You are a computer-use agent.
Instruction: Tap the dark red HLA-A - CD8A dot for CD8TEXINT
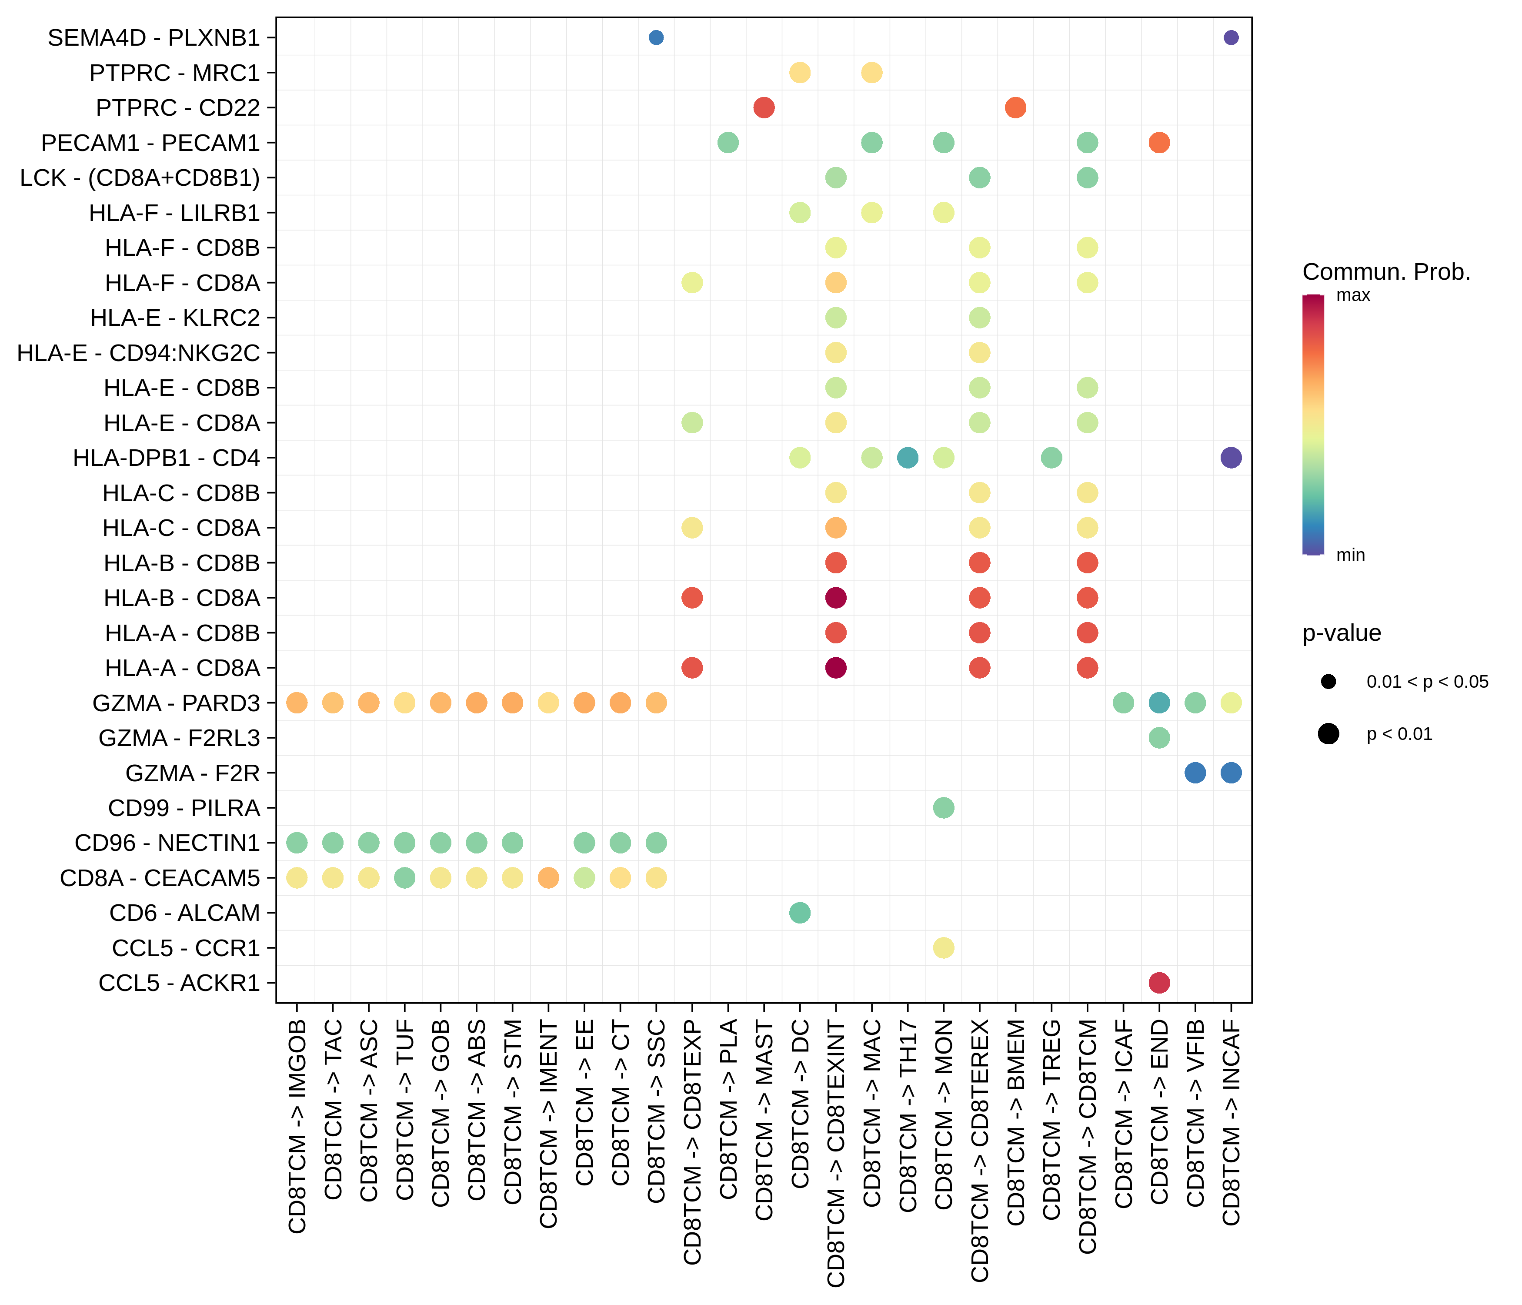coord(836,668)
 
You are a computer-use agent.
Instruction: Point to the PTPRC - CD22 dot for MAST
coord(764,107)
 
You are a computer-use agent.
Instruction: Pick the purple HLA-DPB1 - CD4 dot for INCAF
coord(1231,458)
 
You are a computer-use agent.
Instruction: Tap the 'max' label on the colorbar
coord(1353,295)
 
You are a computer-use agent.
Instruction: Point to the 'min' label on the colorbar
coord(1350,555)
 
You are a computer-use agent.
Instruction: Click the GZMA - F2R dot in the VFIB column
coord(1195,773)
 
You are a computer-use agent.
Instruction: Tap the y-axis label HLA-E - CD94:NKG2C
coord(138,353)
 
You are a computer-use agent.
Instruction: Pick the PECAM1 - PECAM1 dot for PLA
coord(728,143)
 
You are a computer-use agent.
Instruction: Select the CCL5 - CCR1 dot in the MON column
coord(944,948)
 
